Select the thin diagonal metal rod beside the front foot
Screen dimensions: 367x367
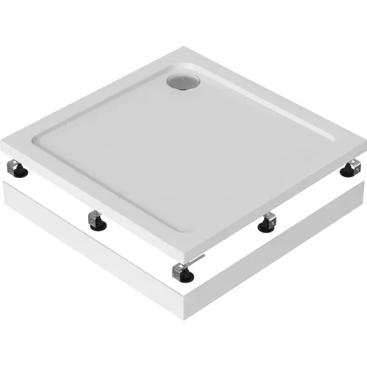click(195, 262)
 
